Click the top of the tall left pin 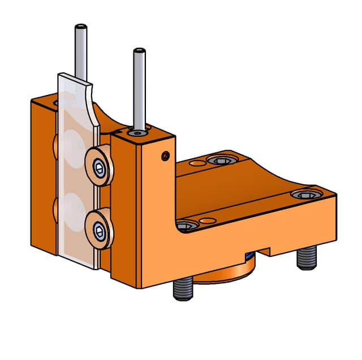(81, 27)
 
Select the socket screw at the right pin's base (137, 133)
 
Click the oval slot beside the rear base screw (197, 163)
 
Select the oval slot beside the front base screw (206, 220)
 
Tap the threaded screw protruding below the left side (183, 288)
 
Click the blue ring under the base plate (249, 257)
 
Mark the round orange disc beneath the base (226, 274)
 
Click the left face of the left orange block (43, 175)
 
